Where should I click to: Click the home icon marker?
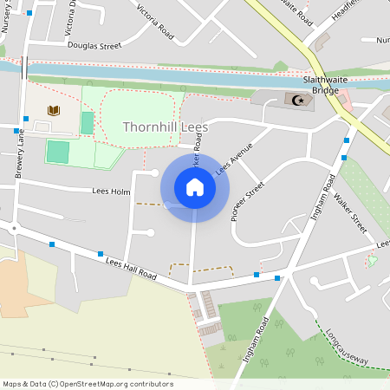tap(195, 187)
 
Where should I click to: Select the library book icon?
tap(54, 111)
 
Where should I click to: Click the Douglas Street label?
tap(93, 46)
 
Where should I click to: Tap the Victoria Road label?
tap(156, 23)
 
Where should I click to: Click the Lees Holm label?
tap(111, 191)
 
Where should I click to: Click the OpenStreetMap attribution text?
tap(87, 383)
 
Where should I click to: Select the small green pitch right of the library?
tap(87, 123)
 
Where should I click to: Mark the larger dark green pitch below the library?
tap(57, 152)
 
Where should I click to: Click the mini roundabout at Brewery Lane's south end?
tap(15, 230)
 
